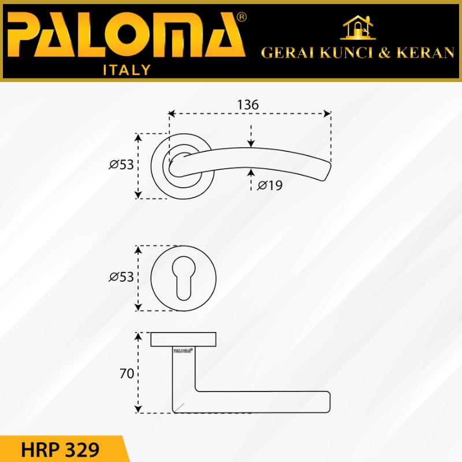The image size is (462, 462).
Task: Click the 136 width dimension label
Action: click(x=248, y=105)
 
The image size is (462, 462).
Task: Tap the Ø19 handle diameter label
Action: click(x=270, y=185)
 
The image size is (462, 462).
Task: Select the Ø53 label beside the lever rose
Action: click(x=121, y=165)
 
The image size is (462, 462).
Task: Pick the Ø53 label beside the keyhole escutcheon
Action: click(x=121, y=277)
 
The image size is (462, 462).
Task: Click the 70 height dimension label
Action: click(x=126, y=373)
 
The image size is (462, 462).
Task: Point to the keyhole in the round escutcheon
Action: click(x=183, y=278)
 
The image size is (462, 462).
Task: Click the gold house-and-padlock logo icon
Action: click(x=357, y=27)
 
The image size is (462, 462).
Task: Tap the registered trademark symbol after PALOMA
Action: click(x=241, y=17)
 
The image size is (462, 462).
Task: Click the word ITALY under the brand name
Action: click(x=126, y=70)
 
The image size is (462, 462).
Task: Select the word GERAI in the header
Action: click(x=287, y=53)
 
